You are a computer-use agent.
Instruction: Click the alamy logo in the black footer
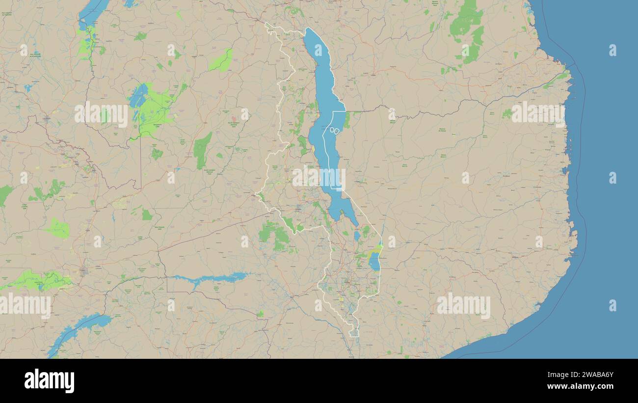point(49,381)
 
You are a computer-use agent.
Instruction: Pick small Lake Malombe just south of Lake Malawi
point(357,236)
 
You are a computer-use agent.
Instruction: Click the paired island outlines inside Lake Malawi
point(334,131)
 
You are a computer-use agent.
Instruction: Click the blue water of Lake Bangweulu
point(139,96)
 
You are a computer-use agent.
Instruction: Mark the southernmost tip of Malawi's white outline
point(354,336)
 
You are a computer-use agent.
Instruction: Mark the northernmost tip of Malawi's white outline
point(266,23)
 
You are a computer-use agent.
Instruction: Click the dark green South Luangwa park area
point(202,150)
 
